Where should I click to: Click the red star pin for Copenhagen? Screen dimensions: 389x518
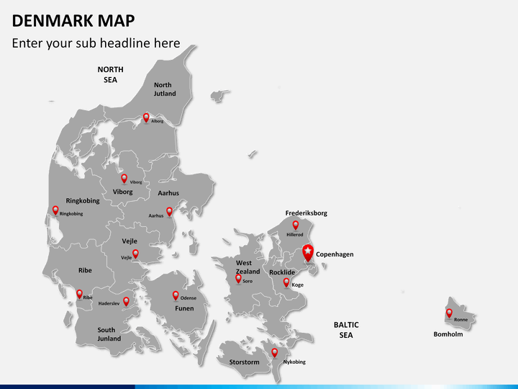point(308,252)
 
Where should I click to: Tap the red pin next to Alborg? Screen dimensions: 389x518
point(146,117)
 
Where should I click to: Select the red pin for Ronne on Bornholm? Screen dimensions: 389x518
point(449,313)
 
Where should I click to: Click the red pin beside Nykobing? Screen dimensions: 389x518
point(274,352)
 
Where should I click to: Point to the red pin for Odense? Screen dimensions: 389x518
point(175,295)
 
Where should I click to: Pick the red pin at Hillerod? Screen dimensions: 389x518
point(295,225)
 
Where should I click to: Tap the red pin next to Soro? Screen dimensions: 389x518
point(238,278)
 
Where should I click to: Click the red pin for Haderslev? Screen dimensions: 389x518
point(126,301)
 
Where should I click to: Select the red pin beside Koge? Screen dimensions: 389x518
point(286,282)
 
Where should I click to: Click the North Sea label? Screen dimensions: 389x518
point(111,75)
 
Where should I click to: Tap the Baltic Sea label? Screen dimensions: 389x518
point(346,330)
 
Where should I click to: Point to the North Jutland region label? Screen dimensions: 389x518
point(163,89)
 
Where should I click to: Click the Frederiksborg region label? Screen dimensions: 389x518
point(306,213)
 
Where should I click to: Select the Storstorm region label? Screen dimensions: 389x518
point(244,362)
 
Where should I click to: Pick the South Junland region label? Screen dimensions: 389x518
point(109,334)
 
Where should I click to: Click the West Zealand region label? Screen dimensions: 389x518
point(247,267)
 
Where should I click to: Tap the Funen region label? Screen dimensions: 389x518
point(184,308)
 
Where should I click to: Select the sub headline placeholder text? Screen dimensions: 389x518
point(96,43)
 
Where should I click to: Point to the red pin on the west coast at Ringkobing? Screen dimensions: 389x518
point(55,210)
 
